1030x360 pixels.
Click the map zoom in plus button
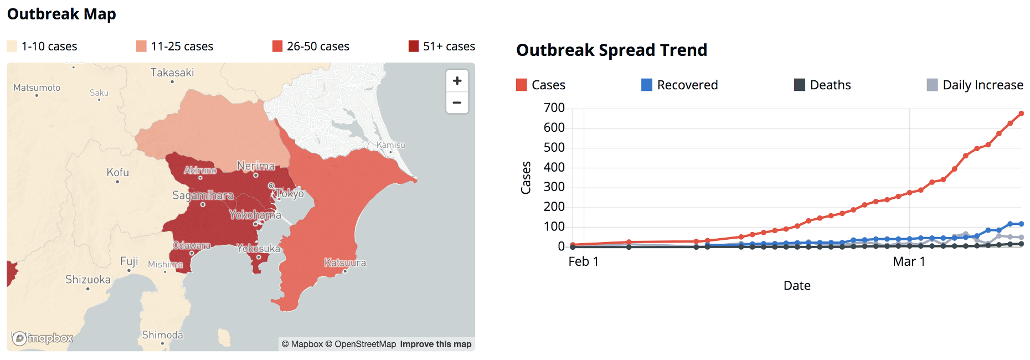tap(457, 81)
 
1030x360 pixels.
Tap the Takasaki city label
tap(172, 73)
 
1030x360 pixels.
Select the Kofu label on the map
tap(117, 172)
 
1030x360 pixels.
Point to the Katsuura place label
tap(345, 263)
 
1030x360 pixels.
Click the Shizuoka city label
tap(87, 280)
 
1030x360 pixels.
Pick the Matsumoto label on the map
tap(37, 88)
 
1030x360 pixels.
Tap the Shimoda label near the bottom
tap(162, 335)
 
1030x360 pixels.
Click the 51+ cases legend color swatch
tap(414, 46)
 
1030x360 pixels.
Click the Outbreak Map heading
tap(61, 14)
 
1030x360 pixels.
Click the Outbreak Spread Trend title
tap(611, 50)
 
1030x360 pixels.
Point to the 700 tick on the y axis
tap(554, 107)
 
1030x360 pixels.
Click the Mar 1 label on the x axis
tap(909, 261)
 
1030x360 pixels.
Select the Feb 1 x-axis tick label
tap(583, 261)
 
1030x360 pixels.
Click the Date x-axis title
tap(797, 286)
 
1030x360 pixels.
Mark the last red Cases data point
tap(1021, 114)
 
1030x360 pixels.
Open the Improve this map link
tap(436, 344)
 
